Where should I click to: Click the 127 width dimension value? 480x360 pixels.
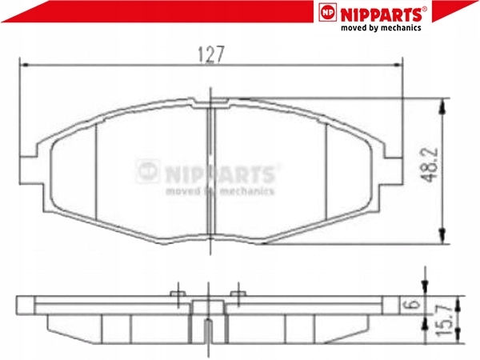(211, 54)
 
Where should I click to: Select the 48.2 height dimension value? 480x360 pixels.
(430, 166)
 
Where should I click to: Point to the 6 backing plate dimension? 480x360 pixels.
(414, 305)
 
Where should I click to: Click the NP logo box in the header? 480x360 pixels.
(327, 12)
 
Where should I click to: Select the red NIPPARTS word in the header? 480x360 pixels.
(382, 14)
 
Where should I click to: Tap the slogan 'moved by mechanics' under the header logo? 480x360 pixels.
(381, 28)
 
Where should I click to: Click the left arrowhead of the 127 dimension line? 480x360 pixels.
(24, 65)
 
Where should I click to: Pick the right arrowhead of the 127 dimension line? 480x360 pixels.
(398, 65)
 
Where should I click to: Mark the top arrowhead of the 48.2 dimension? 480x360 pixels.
(442, 107)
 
